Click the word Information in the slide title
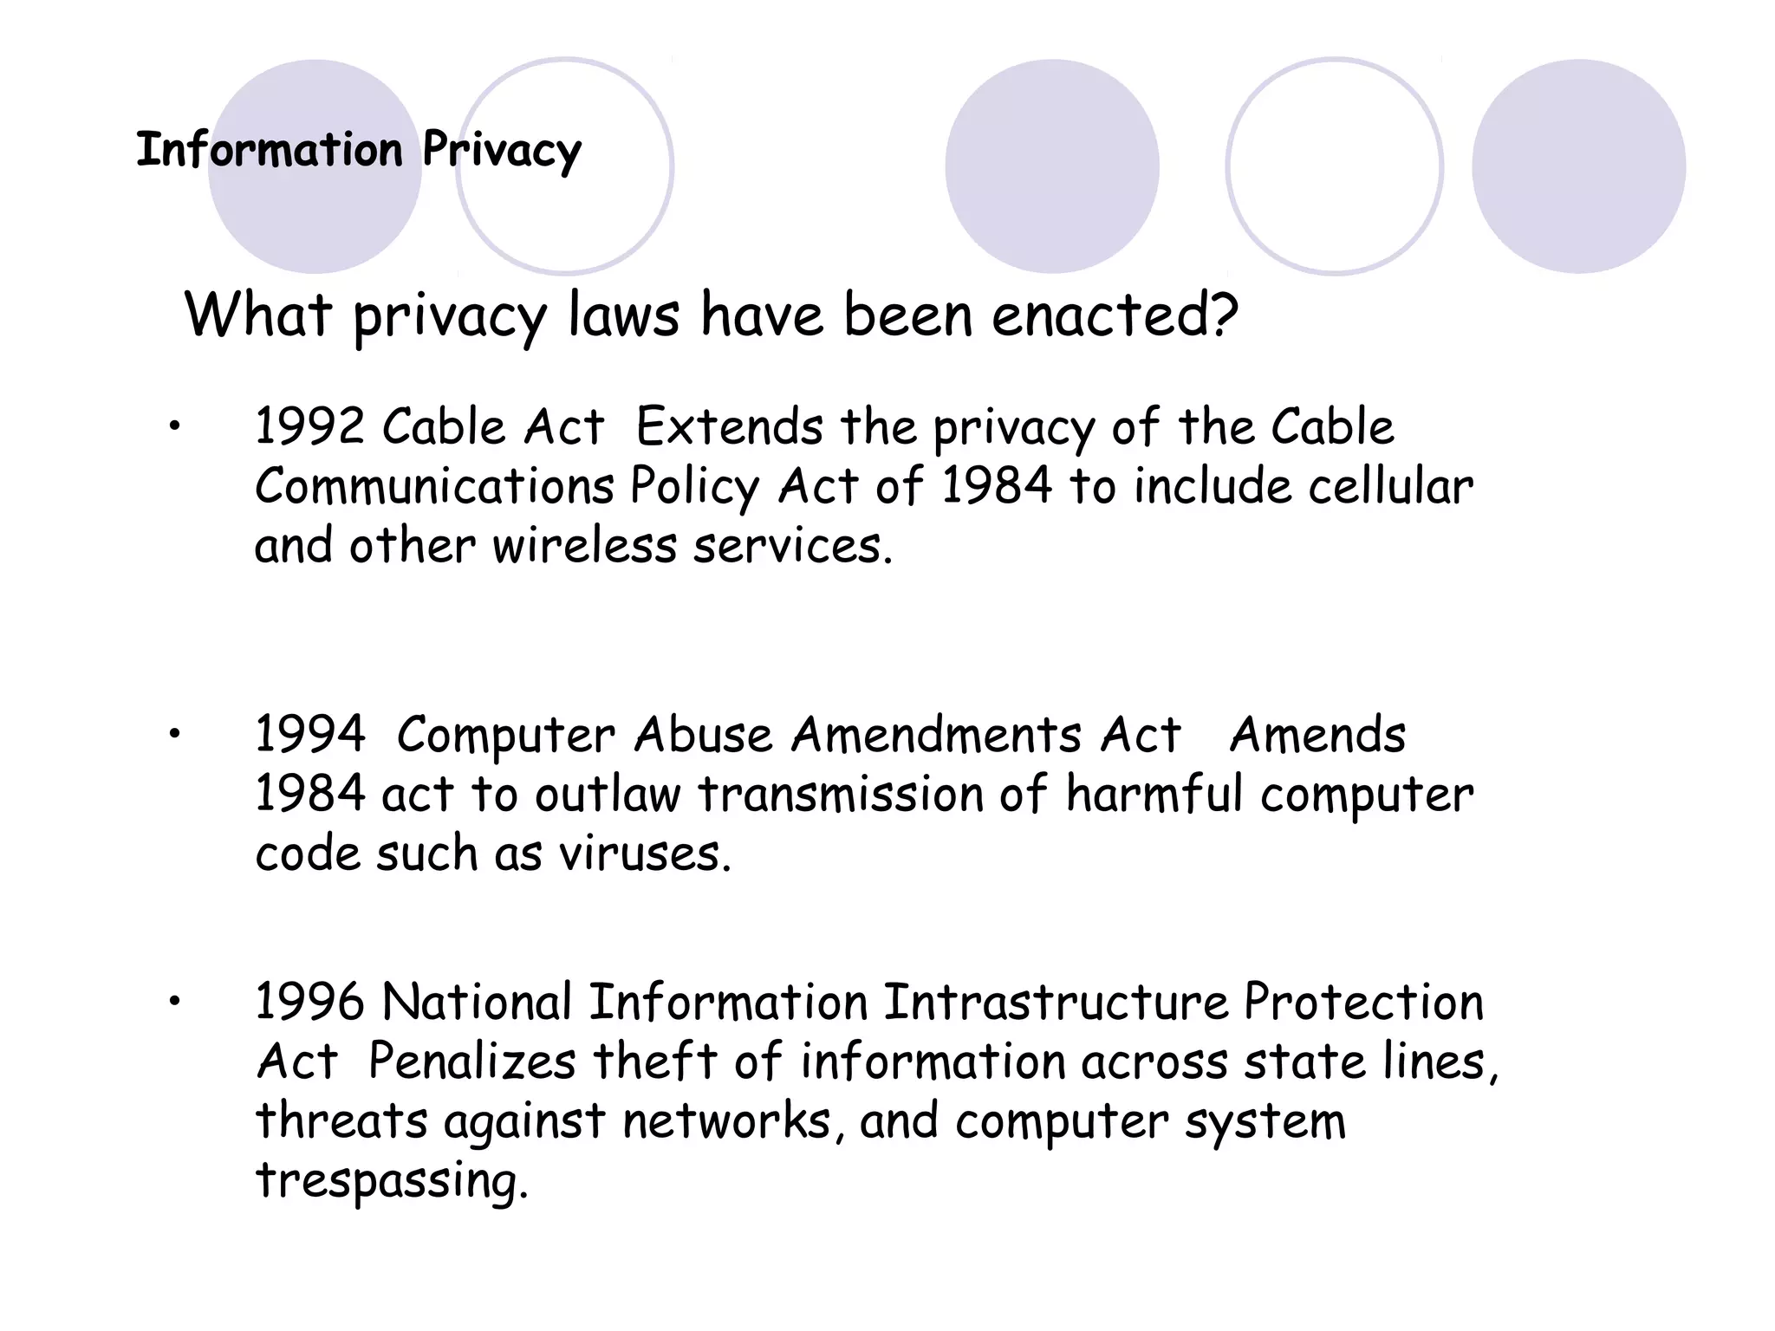point(270,150)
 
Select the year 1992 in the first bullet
point(309,427)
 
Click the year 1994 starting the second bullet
point(309,735)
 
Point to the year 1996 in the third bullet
point(309,1003)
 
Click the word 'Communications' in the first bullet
point(434,486)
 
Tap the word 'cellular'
point(1390,486)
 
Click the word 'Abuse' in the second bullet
point(703,735)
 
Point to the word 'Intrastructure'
point(1056,1003)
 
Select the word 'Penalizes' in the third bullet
point(472,1062)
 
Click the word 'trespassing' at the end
point(391,1181)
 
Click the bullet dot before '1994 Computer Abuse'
point(174,734)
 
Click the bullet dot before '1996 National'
point(174,1002)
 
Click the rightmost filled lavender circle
point(1578,166)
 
